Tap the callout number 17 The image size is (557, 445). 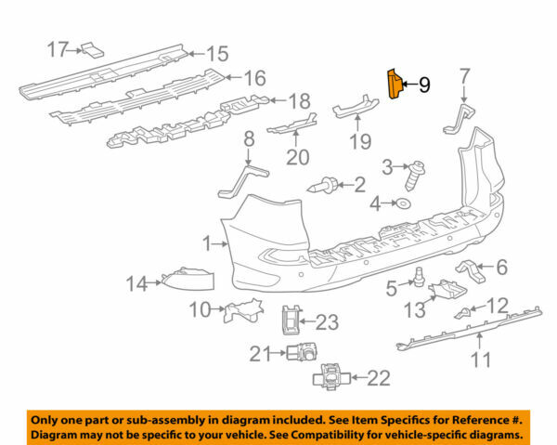pyautogui.click(x=58, y=48)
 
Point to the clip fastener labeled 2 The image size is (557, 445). pyautogui.click(x=330, y=185)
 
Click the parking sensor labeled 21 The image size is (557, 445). pyautogui.click(x=303, y=352)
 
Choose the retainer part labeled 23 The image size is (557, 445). pyautogui.click(x=291, y=322)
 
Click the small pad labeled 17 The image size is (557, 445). pyautogui.click(x=91, y=49)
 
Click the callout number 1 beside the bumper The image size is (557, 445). pyautogui.click(x=208, y=243)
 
